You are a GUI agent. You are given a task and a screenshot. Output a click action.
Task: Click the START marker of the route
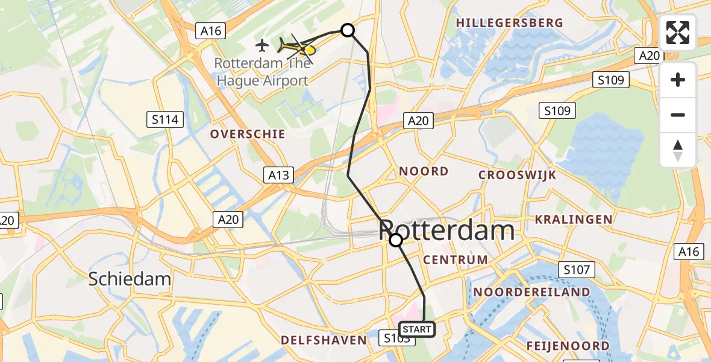click(416, 329)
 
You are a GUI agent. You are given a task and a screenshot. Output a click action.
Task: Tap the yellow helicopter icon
click(297, 46)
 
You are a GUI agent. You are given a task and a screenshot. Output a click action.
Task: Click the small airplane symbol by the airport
click(262, 45)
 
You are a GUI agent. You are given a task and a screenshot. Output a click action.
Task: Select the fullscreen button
click(678, 33)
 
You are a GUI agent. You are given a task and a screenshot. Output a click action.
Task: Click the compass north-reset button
click(678, 150)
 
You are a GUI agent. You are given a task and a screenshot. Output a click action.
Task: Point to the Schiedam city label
click(130, 279)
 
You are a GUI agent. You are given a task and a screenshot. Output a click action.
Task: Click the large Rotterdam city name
click(447, 230)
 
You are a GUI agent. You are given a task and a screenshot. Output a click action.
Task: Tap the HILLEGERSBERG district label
click(510, 23)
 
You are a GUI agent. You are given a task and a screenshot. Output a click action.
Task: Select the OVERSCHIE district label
click(248, 134)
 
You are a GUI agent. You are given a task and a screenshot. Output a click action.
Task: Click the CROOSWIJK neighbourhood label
click(517, 175)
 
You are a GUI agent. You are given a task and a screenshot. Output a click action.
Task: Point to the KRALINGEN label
click(574, 220)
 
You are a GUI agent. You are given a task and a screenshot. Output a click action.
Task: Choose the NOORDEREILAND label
click(531, 292)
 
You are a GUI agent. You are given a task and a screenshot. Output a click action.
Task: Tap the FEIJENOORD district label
click(568, 346)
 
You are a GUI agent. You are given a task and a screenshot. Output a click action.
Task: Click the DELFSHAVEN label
click(324, 340)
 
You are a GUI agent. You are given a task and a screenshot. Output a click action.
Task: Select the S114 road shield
click(166, 119)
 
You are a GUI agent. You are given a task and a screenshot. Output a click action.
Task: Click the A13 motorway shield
click(278, 176)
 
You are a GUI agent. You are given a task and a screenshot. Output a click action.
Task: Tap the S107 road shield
click(577, 270)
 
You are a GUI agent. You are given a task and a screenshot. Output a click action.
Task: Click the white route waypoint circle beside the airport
click(348, 30)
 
